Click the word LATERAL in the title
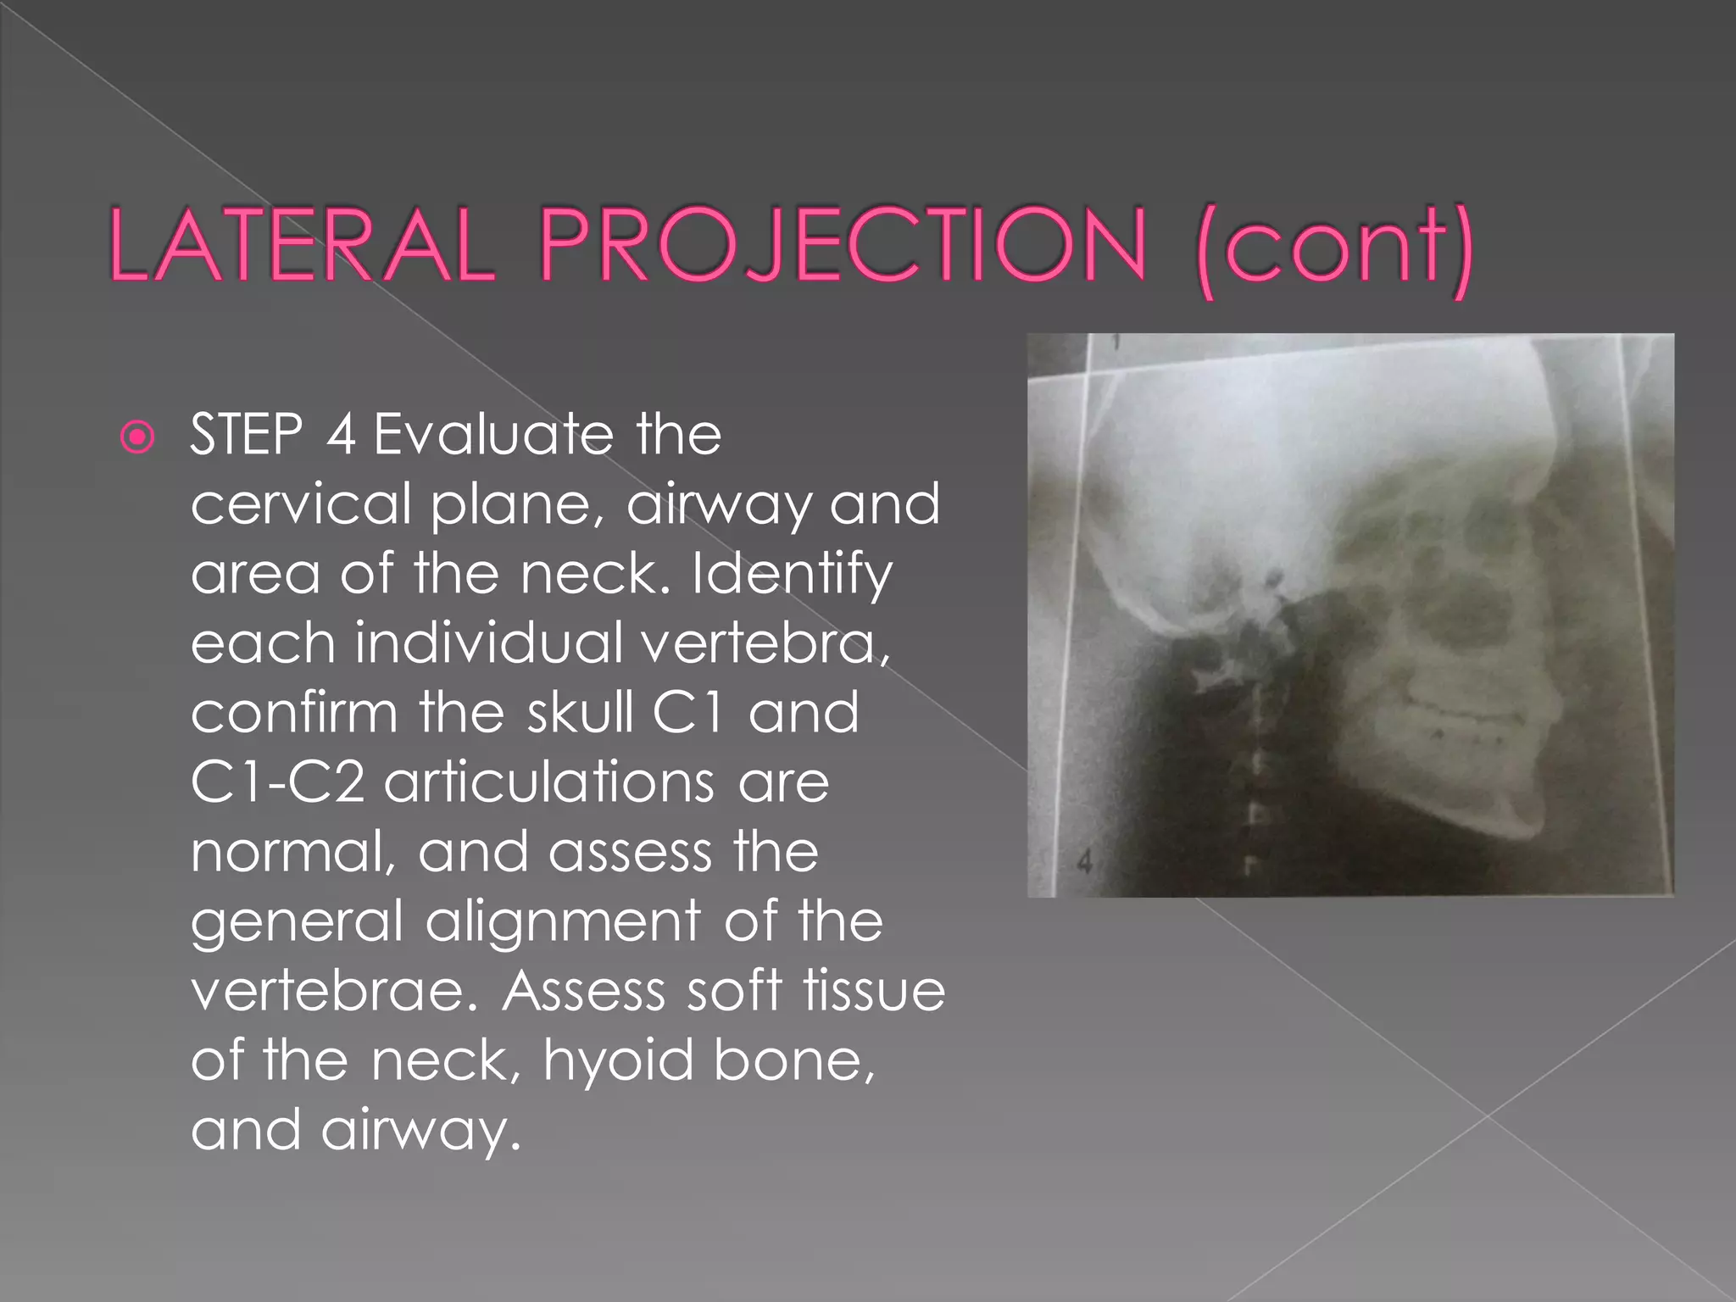(302, 247)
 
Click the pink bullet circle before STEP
(137, 437)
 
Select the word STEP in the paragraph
(246, 435)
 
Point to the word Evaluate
(492, 435)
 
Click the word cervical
(300, 504)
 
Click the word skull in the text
(580, 712)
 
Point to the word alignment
(563, 921)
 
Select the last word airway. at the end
(420, 1131)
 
